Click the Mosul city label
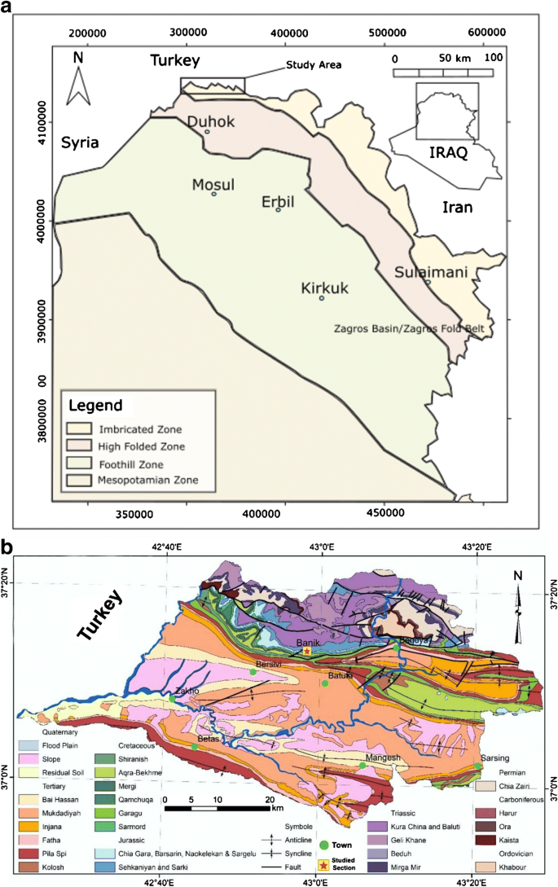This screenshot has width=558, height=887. pyautogui.click(x=213, y=184)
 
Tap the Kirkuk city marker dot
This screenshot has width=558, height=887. pyautogui.click(x=321, y=298)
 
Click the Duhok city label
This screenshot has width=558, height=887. pyautogui.click(x=211, y=122)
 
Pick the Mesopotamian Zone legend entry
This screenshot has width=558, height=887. pyautogui.click(x=130, y=481)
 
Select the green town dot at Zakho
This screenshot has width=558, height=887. pyautogui.click(x=173, y=698)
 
